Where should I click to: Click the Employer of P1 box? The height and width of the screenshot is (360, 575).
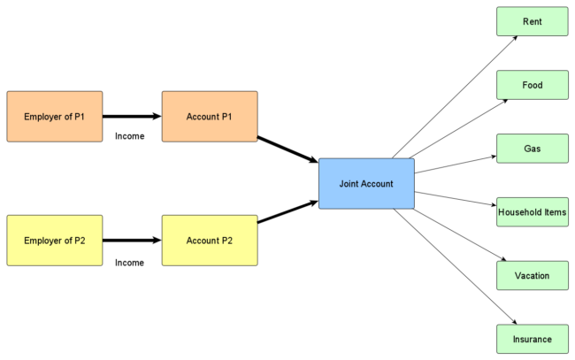tap(55, 116)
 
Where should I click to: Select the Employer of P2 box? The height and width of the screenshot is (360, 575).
tap(55, 240)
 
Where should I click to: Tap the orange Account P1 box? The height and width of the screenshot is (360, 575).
tap(210, 116)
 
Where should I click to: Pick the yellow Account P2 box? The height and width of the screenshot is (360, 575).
tap(210, 240)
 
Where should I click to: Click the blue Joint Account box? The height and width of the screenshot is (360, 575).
tap(366, 184)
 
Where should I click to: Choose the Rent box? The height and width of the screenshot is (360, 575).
tap(533, 21)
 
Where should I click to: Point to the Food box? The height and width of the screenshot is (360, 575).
tap(533, 85)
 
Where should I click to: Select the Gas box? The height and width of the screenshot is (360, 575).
tap(533, 149)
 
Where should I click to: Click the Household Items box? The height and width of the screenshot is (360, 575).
tap(533, 212)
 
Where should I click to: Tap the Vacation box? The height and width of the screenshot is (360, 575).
tap(533, 276)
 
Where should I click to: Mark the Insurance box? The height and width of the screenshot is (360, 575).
tap(533, 339)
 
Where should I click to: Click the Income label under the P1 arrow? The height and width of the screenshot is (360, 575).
tap(129, 136)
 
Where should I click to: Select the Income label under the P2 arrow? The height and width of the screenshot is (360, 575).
tap(129, 262)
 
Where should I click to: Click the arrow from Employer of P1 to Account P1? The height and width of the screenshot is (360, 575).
tap(133, 116)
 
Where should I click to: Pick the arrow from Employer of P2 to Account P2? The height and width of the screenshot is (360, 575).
tap(133, 240)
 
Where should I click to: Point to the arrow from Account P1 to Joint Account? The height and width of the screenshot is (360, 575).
tap(287, 149)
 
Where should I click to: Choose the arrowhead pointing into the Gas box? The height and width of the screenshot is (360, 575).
tap(491, 157)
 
